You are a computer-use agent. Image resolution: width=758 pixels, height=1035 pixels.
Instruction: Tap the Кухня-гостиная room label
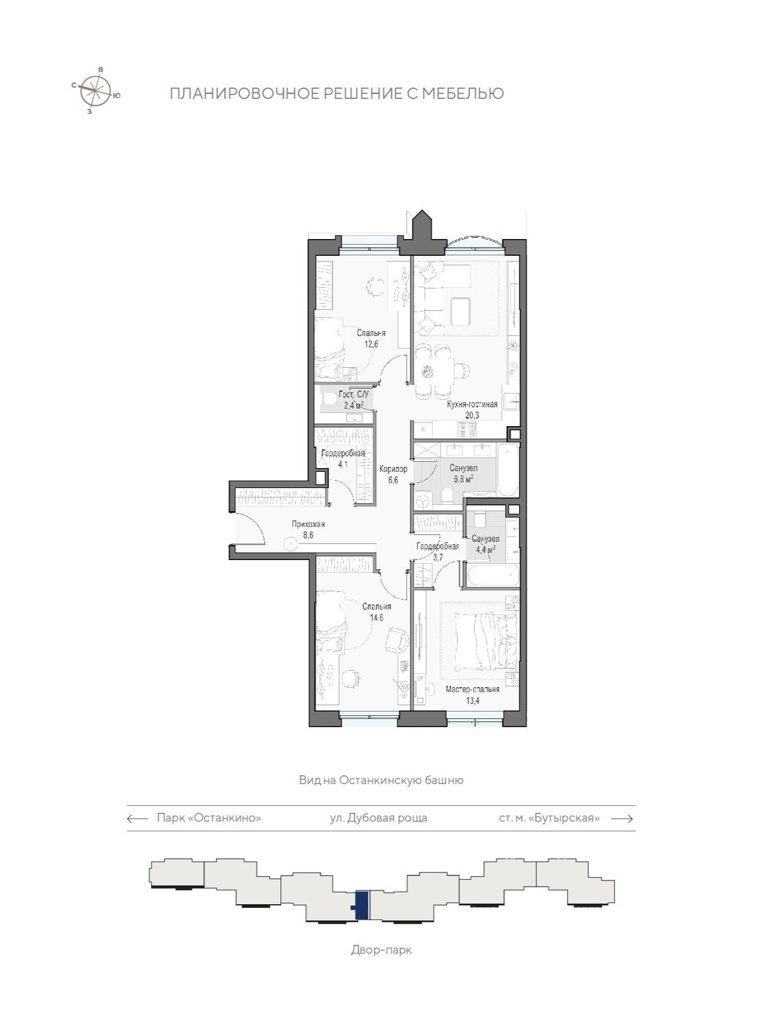click(x=472, y=404)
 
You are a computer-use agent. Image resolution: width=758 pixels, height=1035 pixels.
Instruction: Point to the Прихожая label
click(x=309, y=524)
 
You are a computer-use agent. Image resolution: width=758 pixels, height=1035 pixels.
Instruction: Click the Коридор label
click(x=393, y=469)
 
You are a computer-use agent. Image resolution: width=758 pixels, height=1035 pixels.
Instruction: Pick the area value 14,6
click(x=377, y=617)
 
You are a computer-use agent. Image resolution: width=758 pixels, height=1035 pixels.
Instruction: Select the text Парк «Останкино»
click(x=209, y=818)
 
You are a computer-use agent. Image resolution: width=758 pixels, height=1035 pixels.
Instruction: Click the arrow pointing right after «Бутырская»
click(x=622, y=818)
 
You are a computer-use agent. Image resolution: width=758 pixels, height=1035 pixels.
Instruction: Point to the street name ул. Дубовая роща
click(x=379, y=818)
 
